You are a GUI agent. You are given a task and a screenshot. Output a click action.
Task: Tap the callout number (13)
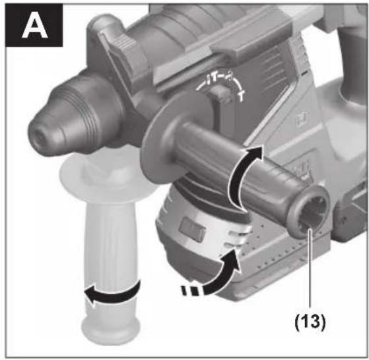coord(310,321)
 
